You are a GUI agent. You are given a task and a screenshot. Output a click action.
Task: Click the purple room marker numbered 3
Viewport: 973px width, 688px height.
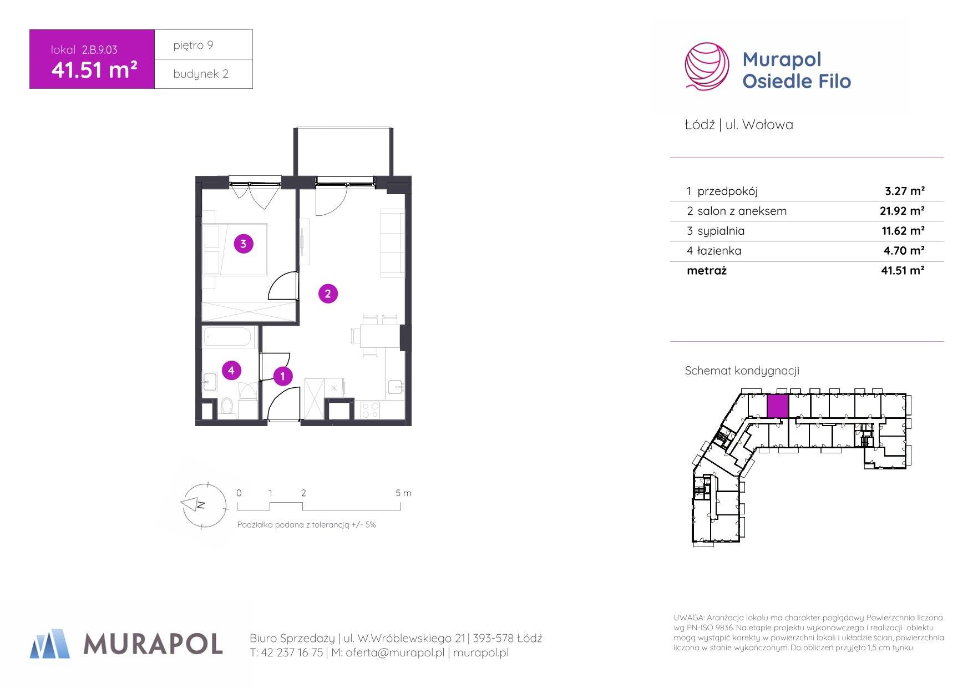[x=244, y=243]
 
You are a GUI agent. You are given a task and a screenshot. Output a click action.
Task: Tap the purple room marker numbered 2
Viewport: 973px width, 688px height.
[x=328, y=294]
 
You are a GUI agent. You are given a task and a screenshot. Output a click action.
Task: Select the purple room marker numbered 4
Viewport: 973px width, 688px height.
[x=231, y=370]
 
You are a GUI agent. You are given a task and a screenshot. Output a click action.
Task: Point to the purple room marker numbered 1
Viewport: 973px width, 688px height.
[x=282, y=376]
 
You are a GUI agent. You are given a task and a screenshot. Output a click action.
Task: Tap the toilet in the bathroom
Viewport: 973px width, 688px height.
[x=226, y=407]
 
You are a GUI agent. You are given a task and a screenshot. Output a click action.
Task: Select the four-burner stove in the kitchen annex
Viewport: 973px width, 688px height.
[x=370, y=410]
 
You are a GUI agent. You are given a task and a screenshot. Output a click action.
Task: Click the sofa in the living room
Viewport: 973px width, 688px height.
[x=393, y=243]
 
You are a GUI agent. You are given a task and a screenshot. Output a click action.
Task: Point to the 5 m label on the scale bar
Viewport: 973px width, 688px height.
[x=403, y=493]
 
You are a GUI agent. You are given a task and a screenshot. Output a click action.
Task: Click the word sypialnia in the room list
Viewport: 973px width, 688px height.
[x=721, y=231]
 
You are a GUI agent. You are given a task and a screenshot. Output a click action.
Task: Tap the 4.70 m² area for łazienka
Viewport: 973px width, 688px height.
[x=904, y=251]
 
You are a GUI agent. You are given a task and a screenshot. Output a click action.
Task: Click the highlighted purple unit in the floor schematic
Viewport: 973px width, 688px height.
[x=777, y=406]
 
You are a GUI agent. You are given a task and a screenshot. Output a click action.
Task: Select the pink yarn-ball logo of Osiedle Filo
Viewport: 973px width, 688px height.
[x=707, y=66]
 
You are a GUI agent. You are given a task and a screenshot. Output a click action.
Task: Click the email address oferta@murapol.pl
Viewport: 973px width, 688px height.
[x=395, y=653]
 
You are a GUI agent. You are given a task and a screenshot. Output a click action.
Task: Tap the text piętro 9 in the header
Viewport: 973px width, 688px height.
[x=193, y=45]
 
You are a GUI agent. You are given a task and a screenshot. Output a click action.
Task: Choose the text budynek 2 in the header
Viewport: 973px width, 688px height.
[x=201, y=74]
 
